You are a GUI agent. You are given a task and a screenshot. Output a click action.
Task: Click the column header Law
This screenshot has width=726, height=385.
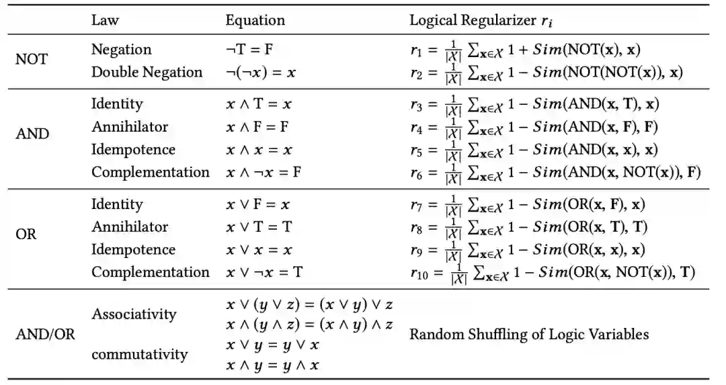tap(105, 20)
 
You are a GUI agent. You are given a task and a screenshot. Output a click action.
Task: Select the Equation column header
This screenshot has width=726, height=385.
tap(255, 20)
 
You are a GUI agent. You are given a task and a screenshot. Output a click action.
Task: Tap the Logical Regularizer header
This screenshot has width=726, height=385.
tap(483, 20)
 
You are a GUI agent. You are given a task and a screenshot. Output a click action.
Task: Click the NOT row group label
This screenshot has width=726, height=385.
tap(32, 59)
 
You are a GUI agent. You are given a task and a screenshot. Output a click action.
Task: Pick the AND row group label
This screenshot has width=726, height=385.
tap(32, 133)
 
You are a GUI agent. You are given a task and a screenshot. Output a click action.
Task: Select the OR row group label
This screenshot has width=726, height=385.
tap(26, 236)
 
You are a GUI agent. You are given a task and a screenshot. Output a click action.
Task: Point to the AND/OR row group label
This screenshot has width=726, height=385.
tap(46, 334)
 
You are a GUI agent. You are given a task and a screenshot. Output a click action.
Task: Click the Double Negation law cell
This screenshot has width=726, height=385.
tap(147, 72)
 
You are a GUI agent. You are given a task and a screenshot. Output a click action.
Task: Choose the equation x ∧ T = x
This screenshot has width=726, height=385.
tap(259, 104)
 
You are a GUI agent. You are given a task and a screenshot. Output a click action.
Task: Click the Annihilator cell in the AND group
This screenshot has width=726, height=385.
tap(130, 127)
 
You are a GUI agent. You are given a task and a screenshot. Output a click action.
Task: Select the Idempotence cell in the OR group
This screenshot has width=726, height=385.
tap(133, 249)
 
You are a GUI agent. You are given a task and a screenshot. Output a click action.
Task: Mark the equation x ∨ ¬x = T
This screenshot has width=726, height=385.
tap(264, 272)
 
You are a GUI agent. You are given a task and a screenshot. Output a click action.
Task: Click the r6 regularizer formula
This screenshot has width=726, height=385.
tap(555, 173)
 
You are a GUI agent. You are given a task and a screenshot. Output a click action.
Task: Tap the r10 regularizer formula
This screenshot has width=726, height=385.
tap(553, 273)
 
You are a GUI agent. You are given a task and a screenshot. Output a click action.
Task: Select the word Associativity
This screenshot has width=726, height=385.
tap(134, 314)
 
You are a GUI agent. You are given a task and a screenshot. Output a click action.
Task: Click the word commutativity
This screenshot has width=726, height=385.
tap(139, 353)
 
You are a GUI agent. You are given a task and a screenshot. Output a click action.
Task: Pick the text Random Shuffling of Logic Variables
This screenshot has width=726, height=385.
tap(530, 334)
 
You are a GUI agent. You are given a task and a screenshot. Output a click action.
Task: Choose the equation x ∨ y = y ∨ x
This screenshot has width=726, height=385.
tap(272, 345)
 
